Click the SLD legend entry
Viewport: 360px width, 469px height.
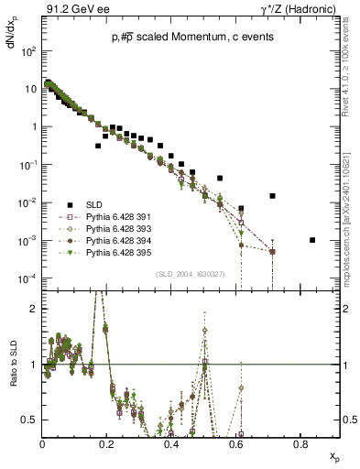[94, 203]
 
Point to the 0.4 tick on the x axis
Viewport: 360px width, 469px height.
[171, 443]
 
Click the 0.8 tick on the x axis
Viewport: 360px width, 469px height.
[300, 443]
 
